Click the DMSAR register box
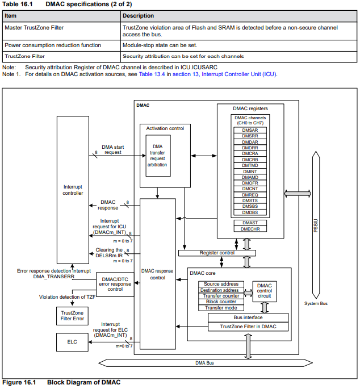pyautogui.click(x=250, y=130)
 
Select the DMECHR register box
pyautogui.click(x=250, y=229)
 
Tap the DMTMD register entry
pyautogui.click(x=250, y=165)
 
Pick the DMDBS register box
pyautogui.click(x=250, y=212)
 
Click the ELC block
pyautogui.click(x=72, y=342)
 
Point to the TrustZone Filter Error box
pyautogui.click(x=72, y=316)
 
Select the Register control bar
pyautogui.click(x=217, y=253)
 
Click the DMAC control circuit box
pyautogui.click(x=265, y=291)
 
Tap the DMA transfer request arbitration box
pyautogui.click(x=158, y=156)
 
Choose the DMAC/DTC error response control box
pyautogui.click(x=115, y=285)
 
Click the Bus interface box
pyautogui.click(x=248, y=317)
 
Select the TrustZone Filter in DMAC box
pyautogui.click(x=248, y=327)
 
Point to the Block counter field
pyautogui.click(x=221, y=302)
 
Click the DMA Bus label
pyautogui.click(x=204, y=363)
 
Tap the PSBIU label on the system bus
pyautogui.click(x=316, y=225)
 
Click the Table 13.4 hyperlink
pyautogui.click(x=152, y=74)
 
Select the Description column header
pyautogui.click(x=138, y=16)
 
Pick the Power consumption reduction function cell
pyautogui.click(x=53, y=45)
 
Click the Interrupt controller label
pyautogui.click(x=73, y=190)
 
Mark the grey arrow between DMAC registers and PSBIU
pyautogui.click(x=298, y=194)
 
